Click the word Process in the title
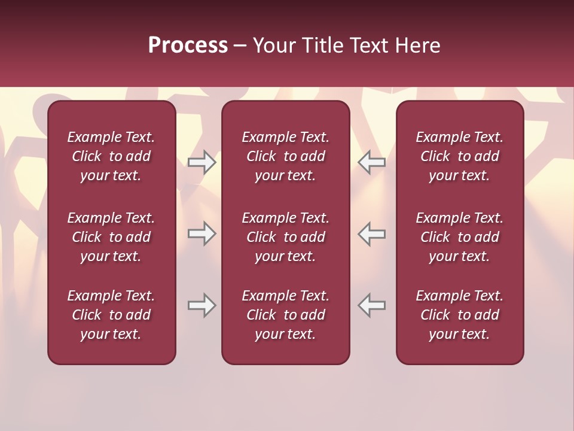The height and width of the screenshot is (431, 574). coord(188,45)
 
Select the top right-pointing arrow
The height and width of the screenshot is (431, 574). coord(202,162)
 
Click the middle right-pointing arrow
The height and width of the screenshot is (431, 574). coord(202,233)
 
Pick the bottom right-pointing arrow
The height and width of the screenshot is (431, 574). coord(202,305)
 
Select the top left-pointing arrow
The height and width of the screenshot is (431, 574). coord(371,162)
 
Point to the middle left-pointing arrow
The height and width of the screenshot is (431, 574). coord(371,233)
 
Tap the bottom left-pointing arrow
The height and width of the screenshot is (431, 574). coord(371,305)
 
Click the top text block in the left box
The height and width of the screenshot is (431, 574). coord(111,156)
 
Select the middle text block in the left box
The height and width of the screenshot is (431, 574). coord(111,237)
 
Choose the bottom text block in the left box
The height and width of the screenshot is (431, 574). coord(111,315)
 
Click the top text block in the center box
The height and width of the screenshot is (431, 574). coord(285,156)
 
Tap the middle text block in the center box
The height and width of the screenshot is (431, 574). coord(285,237)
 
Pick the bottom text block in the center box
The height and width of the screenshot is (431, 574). coord(285,315)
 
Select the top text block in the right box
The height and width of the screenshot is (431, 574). coord(460,156)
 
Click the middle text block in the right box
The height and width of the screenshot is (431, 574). coord(460,237)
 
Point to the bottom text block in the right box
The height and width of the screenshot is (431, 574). coord(460,315)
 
